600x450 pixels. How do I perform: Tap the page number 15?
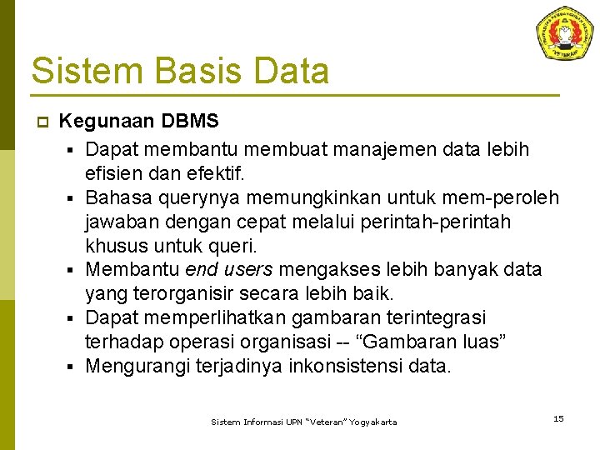(x=558, y=418)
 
